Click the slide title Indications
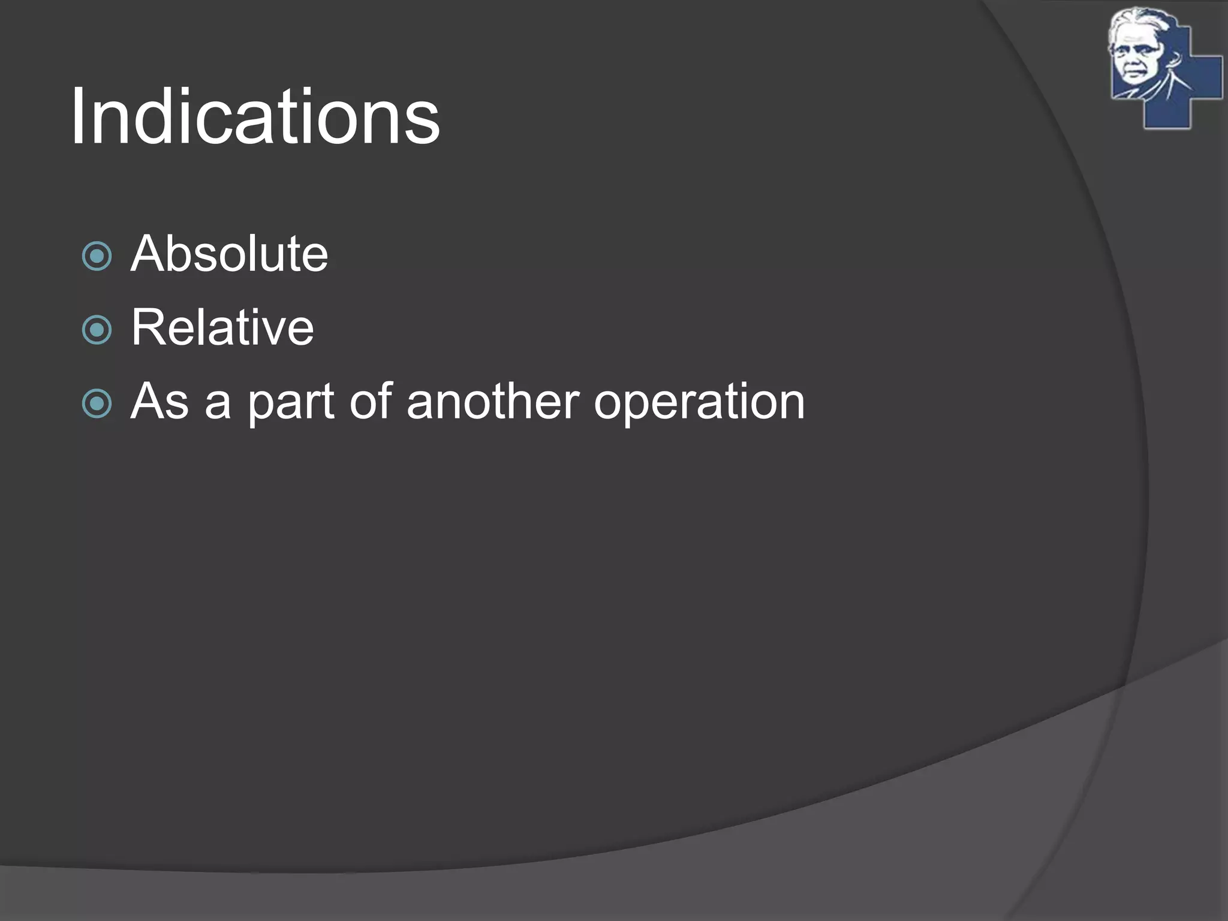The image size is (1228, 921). pos(255,116)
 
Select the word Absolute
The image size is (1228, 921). pos(229,254)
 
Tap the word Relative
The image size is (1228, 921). pos(222,327)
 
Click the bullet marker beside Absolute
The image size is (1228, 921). pos(97,256)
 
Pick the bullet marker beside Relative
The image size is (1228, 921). pos(97,330)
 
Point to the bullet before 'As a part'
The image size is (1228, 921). pos(97,404)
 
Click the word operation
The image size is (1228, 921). pos(699,402)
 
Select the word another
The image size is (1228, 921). pos(493,401)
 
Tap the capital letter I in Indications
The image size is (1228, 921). pos(77,116)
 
